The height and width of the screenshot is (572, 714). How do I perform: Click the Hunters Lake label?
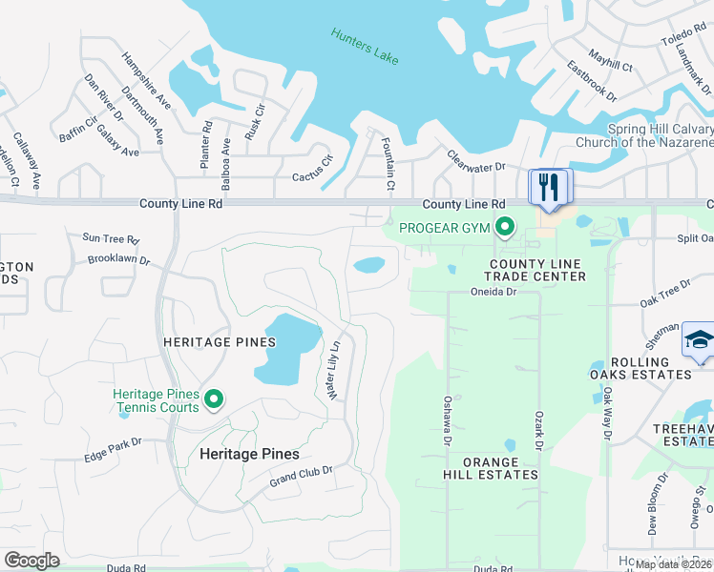(364, 47)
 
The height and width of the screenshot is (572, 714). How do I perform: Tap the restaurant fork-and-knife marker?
(548, 186)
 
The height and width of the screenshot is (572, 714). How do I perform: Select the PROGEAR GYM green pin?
(505, 228)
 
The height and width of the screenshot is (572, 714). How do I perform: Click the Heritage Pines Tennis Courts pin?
(214, 398)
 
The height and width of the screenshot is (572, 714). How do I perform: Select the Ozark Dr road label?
(537, 432)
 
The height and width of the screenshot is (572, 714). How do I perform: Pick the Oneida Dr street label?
(493, 293)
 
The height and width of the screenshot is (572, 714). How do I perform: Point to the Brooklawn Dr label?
(118, 259)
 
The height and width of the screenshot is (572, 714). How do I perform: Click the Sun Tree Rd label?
(111, 238)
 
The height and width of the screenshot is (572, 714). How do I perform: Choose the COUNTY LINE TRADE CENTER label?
(537, 270)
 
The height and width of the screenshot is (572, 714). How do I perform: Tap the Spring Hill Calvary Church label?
(644, 135)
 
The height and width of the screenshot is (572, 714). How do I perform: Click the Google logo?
(32, 561)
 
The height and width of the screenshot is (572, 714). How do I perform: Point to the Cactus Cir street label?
(311, 176)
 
